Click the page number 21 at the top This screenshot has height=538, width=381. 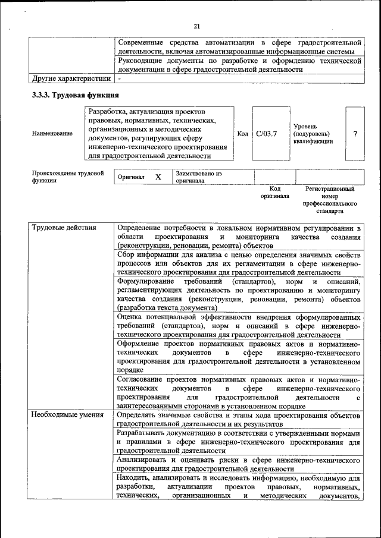pos(196,25)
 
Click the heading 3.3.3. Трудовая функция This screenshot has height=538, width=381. pos(75,95)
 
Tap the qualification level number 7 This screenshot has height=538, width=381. pos(355,134)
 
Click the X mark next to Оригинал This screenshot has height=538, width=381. pos(158,177)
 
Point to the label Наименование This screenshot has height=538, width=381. pos(53,134)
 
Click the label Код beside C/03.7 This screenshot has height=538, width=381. pos(243,134)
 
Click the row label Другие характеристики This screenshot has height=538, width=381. pos(71,78)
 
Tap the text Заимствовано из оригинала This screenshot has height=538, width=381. pos(198,177)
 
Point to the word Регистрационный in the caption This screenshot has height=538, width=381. pos(330,188)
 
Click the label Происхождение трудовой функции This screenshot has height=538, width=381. pos(68,177)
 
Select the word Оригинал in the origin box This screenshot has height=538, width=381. pos(131,177)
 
